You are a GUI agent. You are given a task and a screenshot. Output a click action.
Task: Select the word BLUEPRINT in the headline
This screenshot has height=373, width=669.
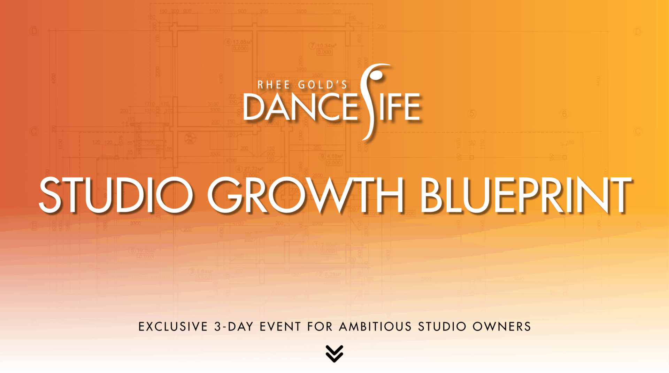526,195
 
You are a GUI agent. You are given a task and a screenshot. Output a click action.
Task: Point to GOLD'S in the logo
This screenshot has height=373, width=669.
323,85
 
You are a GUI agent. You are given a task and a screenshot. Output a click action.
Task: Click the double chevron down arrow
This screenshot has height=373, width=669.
334,353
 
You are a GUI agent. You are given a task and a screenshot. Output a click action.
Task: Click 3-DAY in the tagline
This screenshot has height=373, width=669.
233,327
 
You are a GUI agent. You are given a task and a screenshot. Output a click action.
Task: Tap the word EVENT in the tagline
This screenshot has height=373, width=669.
280,327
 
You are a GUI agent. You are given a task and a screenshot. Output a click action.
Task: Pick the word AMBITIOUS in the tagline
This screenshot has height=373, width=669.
375,327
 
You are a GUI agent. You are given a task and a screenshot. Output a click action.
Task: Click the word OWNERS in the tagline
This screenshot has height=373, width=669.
502,327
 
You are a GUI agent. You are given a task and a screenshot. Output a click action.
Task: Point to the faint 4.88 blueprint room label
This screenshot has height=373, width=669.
334,156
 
